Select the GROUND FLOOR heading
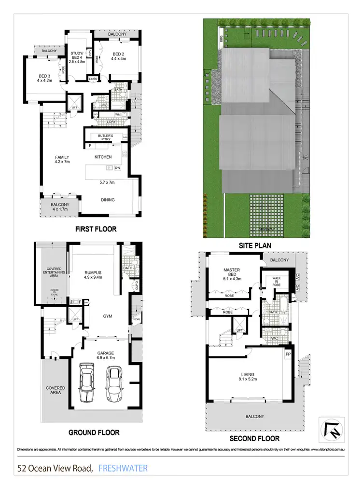coord(94,432)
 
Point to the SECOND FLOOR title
coord(254,438)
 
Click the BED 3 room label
coord(45,78)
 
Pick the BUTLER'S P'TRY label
coord(105,137)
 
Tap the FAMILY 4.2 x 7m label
coord(62,160)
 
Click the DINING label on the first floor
coord(108,199)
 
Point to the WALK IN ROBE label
coord(275,281)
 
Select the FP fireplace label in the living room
coord(288,354)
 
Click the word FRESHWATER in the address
coord(123,468)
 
